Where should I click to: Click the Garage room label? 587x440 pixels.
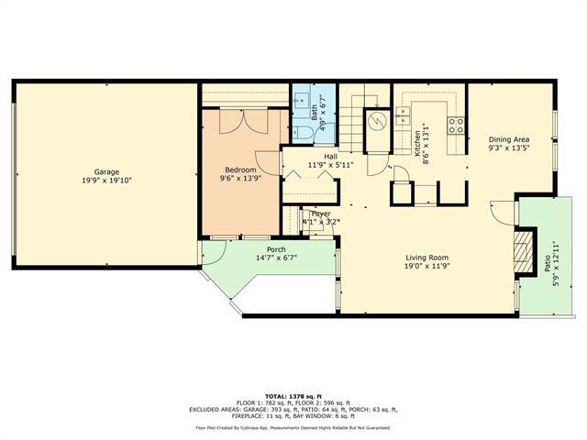point(106,171)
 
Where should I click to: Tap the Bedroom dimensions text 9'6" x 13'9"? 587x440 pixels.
point(240,180)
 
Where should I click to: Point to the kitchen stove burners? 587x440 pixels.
point(455,125)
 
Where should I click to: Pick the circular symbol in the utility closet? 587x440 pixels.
point(374,122)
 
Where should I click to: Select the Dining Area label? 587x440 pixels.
point(509,137)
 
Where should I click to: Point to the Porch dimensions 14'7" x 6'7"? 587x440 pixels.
point(275,258)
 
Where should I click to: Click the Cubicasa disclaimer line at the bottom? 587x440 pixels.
point(293,427)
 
